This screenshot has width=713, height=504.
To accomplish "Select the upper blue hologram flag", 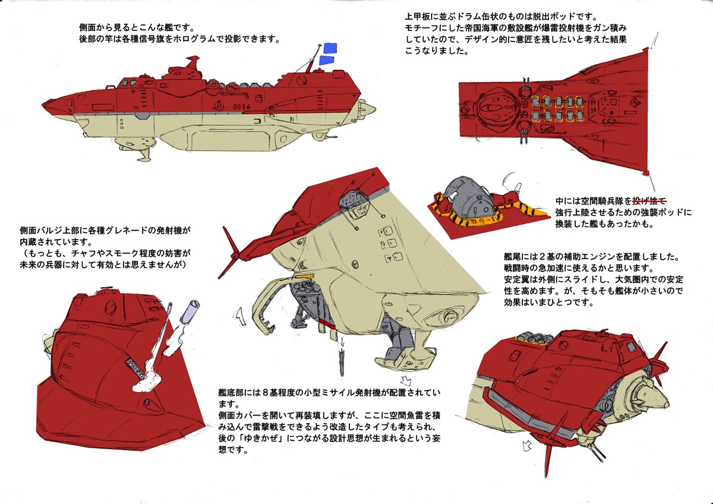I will [x=331, y=48].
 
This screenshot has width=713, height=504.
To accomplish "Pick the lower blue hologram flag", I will [x=326, y=59].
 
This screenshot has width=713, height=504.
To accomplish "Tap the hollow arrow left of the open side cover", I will [x=241, y=315].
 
